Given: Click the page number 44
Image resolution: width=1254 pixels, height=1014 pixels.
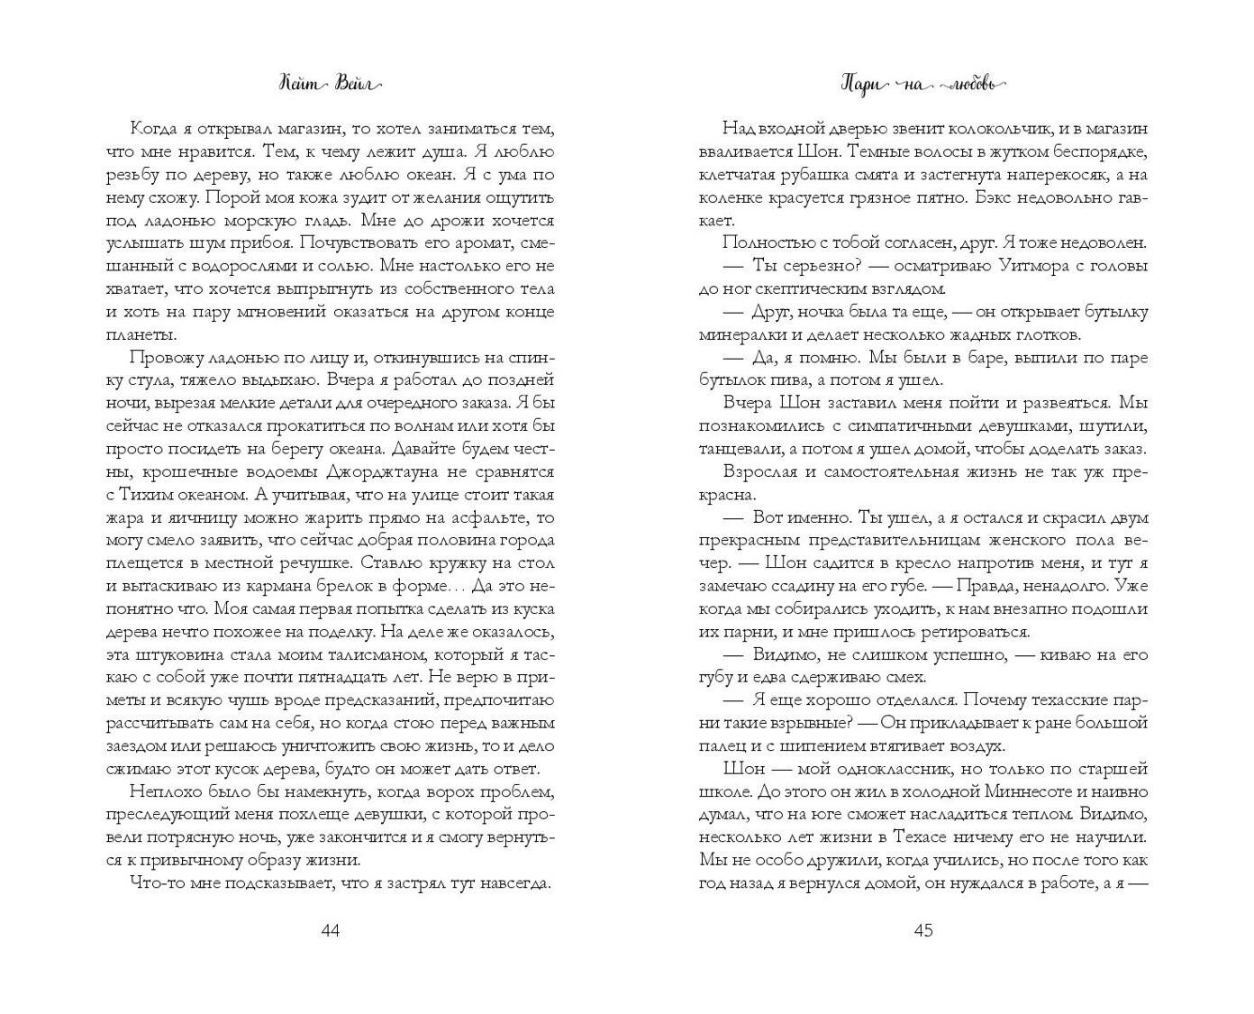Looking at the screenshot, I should [330, 930].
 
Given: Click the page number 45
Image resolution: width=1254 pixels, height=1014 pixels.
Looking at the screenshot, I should [923, 930].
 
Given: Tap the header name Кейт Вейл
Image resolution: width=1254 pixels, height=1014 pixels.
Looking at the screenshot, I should [330, 84].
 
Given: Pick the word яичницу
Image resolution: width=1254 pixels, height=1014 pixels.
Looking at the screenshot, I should [225, 517].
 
